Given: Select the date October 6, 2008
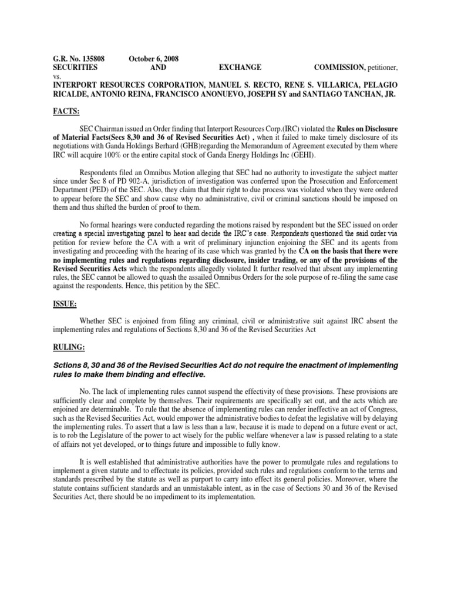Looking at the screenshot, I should coord(154,59).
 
